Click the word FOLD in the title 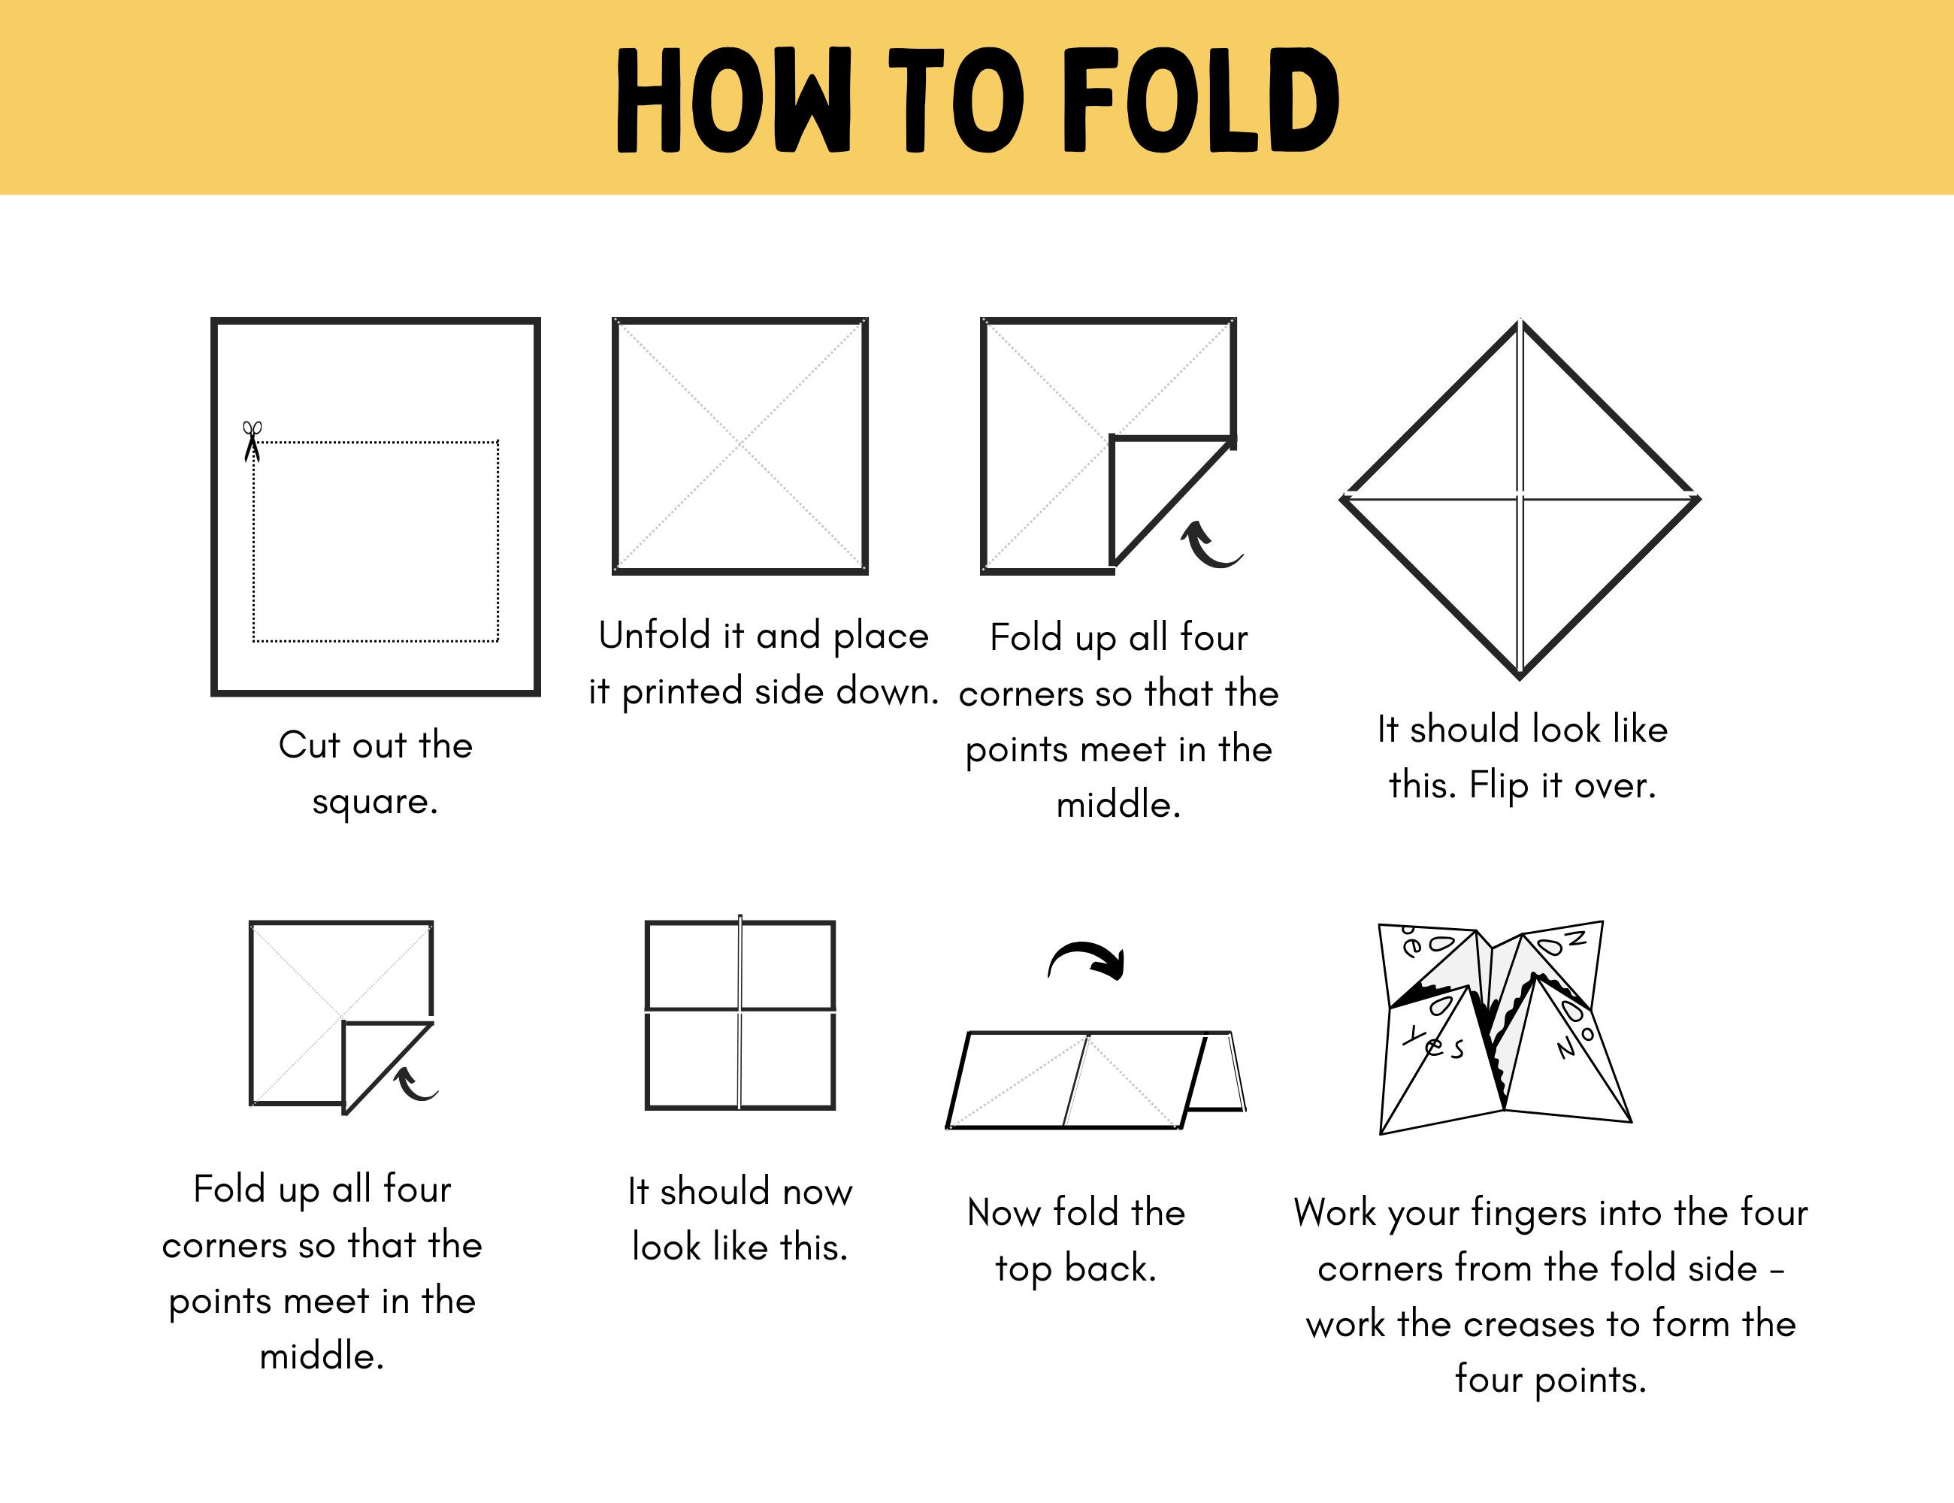(1199, 100)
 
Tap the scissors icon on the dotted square (253, 441)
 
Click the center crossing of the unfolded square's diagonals (740, 445)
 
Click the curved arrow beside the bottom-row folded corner (414, 1084)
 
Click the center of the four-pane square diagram (740, 1012)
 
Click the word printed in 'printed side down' (682, 692)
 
